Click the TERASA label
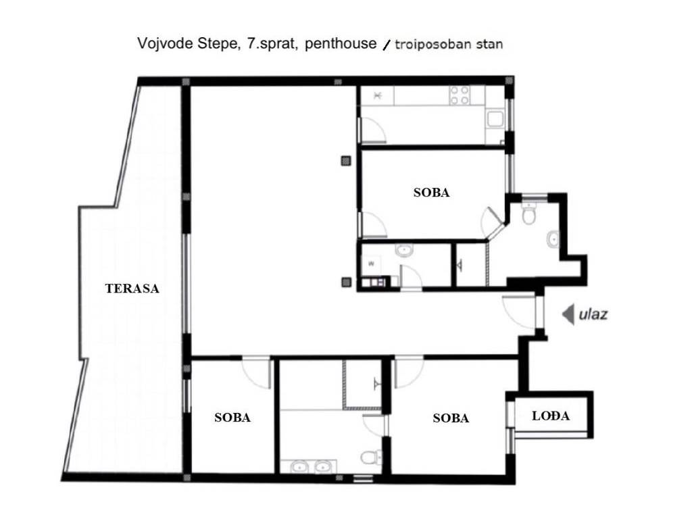coord(132,289)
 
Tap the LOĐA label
coord(551,416)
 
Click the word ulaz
coord(593,314)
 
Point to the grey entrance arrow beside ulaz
coord(568,315)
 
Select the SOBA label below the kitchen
coord(431,193)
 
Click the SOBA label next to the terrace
coord(232,418)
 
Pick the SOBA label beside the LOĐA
coord(451,418)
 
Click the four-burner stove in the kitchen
coord(459,95)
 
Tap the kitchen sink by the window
coord(495,119)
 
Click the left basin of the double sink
coord(299,466)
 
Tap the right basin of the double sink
coord(323,466)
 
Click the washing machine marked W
coord(372,264)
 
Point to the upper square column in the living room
coord(346,161)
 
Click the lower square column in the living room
coord(346,282)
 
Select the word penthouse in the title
coord(341,44)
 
